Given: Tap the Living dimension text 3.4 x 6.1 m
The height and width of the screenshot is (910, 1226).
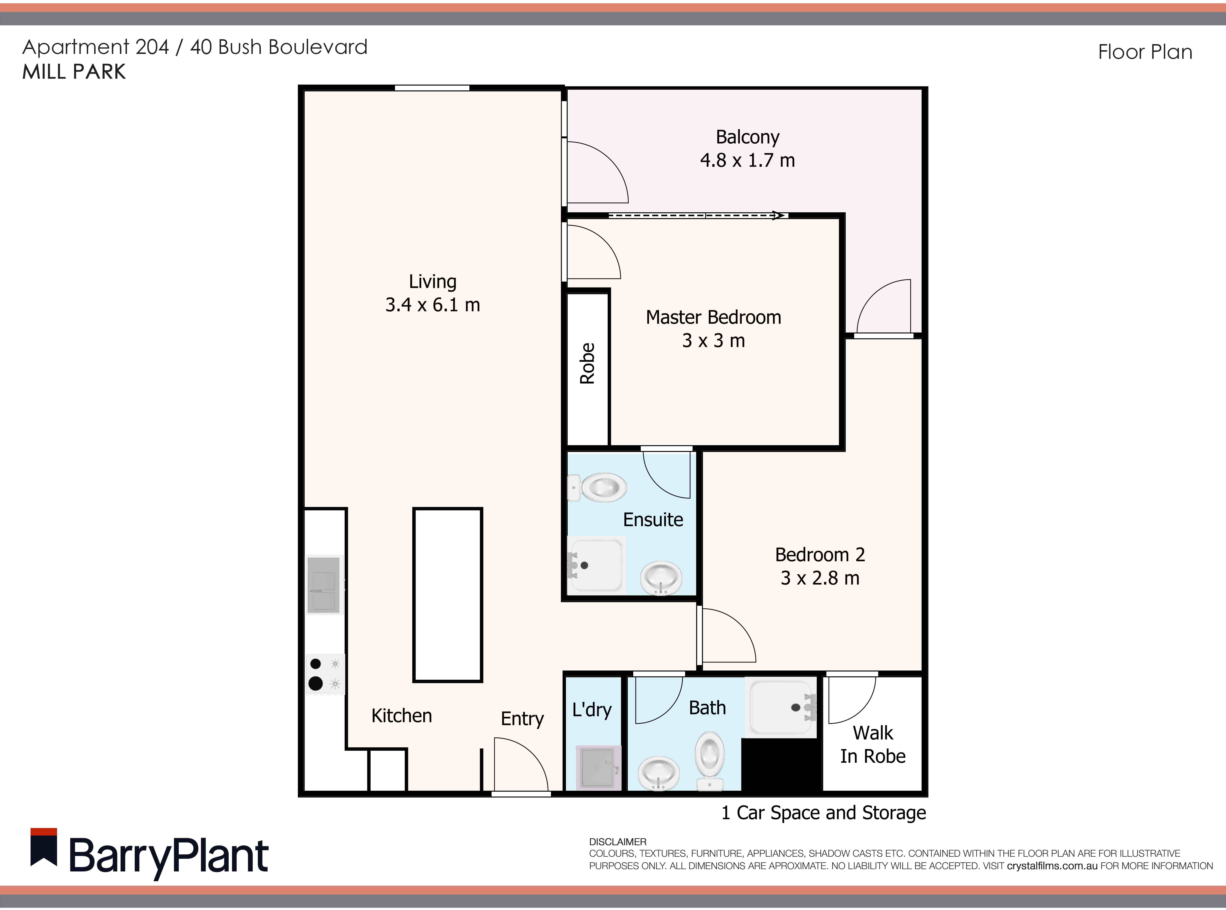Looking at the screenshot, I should pos(433,305).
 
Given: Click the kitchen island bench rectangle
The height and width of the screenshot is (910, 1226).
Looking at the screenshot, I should pos(447,595).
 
